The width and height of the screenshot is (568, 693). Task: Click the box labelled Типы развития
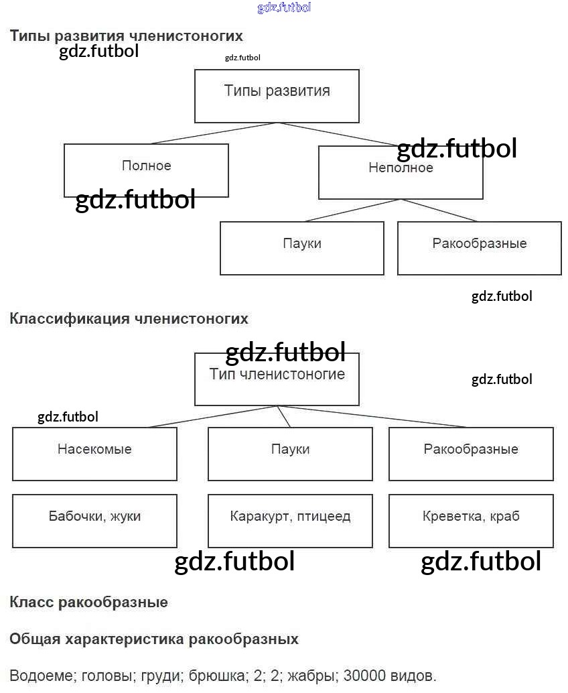click(x=277, y=96)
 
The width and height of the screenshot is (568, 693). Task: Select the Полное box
click(x=146, y=170)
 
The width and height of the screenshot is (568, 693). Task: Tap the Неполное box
click(x=401, y=173)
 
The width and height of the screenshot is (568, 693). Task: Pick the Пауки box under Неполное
click(x=302, y=248)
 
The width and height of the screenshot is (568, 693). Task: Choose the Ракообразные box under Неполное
click(x=479, y=248)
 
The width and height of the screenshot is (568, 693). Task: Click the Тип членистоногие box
click(x=277, y=379)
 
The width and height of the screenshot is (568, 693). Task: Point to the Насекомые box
click(x=94, y=454)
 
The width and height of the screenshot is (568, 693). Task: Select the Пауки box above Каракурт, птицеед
click(x=290, y=454)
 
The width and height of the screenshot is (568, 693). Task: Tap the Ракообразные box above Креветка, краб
click(x=471, y=454)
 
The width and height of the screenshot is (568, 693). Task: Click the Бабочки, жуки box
click(x=94, y=521)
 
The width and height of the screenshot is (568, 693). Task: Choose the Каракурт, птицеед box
click(x=290, y=521)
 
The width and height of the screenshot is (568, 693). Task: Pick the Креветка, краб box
click(x=471, y=521)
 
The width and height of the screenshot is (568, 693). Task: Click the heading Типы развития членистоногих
click(x=126, y=36)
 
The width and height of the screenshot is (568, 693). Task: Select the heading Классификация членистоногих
click(x=129, y=318)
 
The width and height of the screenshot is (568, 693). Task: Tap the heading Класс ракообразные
click(x=88, y=602)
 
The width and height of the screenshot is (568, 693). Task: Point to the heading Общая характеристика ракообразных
click(x=154, y=639)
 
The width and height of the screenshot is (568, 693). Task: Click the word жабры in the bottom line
click(x=315, y=675)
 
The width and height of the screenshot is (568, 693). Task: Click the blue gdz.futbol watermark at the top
click(x=284, y=7)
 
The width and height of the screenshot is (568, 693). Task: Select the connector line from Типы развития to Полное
click(x=213, y=133)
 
